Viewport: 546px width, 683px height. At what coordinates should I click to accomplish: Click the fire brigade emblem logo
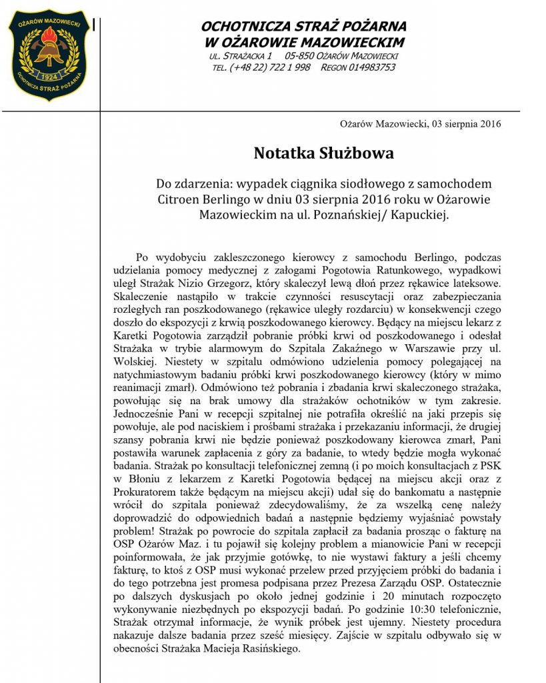(x=48, y=55)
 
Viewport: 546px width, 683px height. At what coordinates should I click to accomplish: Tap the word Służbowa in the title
(x=361, y=153)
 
